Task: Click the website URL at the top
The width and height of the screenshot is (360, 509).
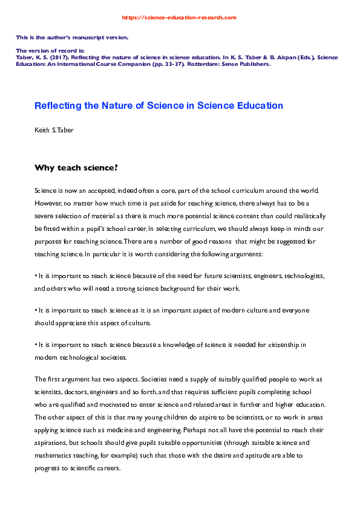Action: coord(179,18)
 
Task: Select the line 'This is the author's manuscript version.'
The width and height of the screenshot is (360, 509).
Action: coord(72,37)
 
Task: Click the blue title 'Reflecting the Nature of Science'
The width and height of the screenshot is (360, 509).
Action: coord(159,105)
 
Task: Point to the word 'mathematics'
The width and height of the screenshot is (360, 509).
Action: coord(59,450)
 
